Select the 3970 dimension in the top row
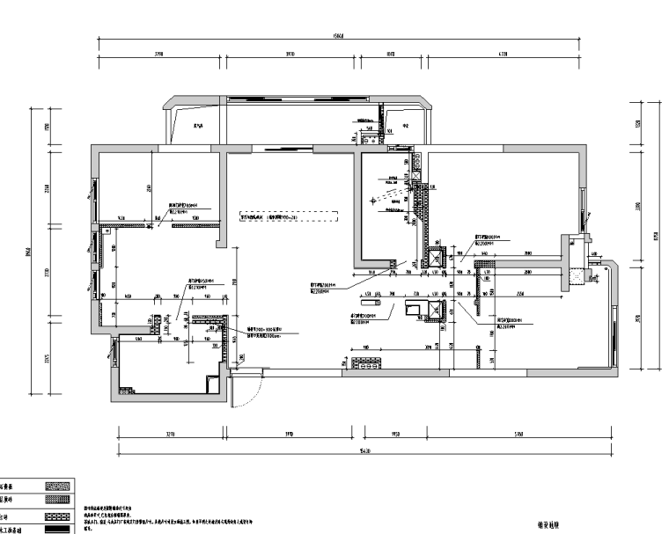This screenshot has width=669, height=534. point(290,54)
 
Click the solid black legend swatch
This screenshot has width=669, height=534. point(57,530)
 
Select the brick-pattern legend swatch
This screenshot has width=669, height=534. point(57,515)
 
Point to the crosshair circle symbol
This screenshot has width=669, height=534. point(373,201)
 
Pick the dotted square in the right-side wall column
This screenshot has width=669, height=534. point(577,276)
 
